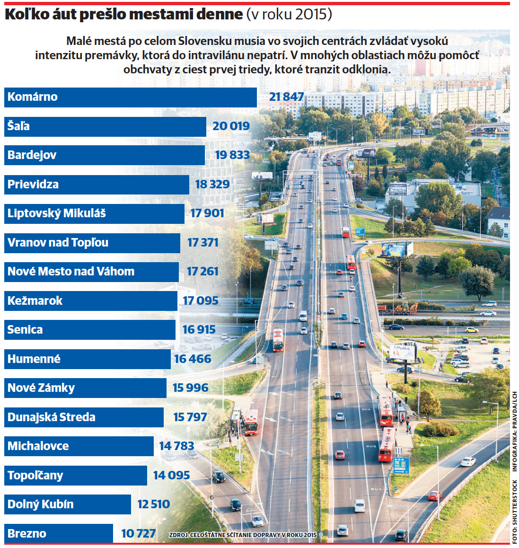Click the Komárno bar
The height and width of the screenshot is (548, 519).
131,97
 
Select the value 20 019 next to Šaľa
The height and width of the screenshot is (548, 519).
231,126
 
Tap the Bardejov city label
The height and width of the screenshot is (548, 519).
32,155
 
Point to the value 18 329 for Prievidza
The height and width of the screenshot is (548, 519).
212,184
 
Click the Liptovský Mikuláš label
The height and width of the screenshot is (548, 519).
57,213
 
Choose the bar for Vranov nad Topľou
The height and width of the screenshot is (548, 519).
92,243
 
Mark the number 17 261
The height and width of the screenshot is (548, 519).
202,272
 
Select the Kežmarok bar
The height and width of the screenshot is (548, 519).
91,301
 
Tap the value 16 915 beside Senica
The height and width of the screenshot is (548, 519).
199,329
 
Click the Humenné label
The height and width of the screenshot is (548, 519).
34,359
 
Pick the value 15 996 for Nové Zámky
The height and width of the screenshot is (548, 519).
191,388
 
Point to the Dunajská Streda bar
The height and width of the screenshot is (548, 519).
84,417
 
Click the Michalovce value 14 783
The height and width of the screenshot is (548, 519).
176,446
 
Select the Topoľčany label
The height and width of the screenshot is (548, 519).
35,476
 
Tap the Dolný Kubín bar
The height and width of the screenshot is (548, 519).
68,504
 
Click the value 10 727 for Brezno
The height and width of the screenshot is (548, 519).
139,534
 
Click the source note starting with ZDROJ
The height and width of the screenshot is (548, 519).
243,535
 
